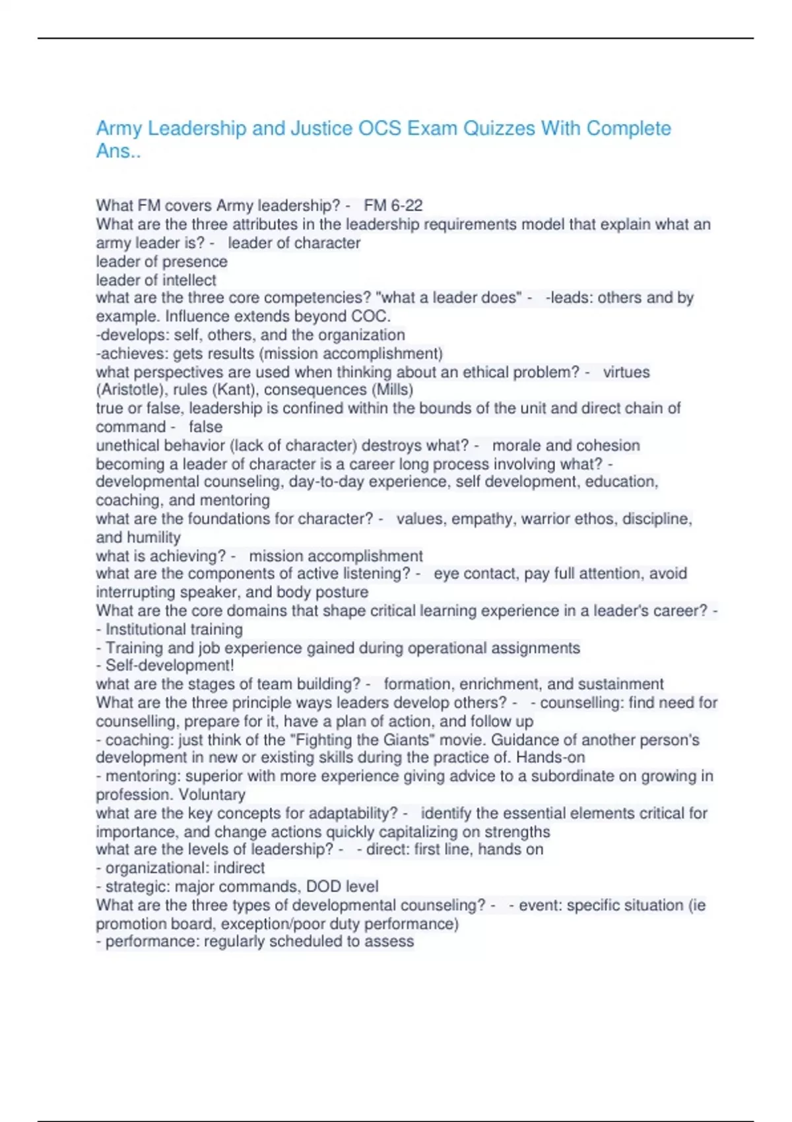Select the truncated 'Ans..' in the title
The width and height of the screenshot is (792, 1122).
(118, 151)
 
